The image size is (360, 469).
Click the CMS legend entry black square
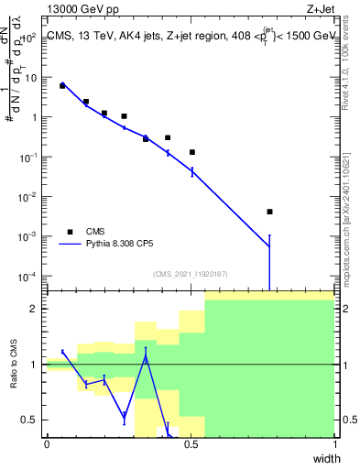point(69,232)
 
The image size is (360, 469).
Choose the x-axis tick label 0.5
point(191,444)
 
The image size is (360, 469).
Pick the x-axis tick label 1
point(334,444)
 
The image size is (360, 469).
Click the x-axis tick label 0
point(47,444)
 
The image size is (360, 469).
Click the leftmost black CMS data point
point(62,85)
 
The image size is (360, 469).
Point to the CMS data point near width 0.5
point(192,152)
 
